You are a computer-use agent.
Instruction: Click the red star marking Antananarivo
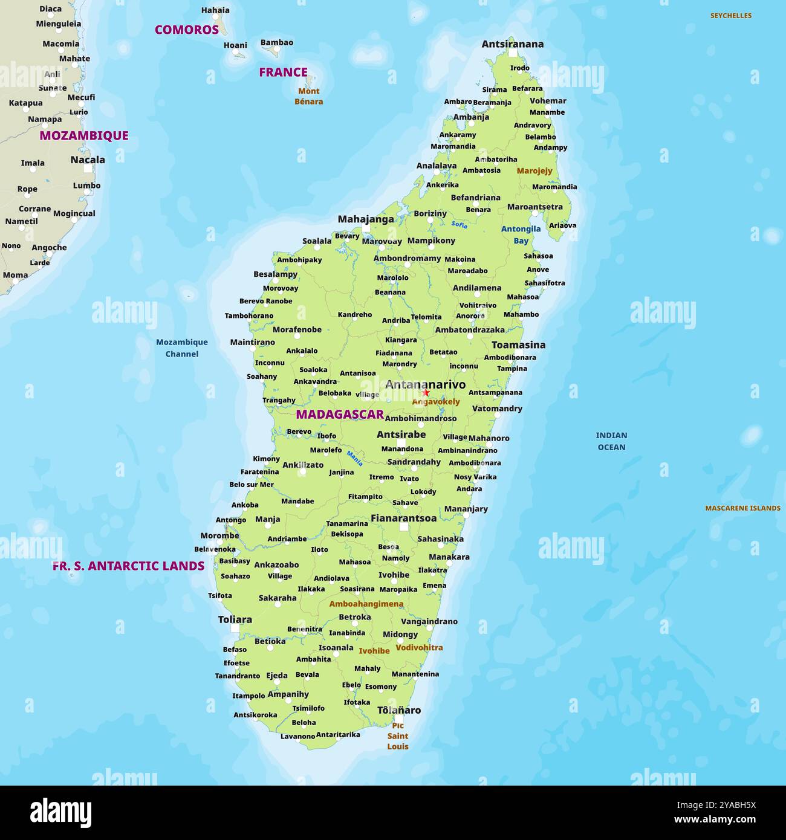(426, 393)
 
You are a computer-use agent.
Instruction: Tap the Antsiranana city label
(512, 44)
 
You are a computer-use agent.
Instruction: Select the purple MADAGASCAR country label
(340, 414)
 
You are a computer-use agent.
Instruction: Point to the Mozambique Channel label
(182, 348)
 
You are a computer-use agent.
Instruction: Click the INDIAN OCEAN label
(611, 441)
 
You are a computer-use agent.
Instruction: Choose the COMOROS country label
(187, 30)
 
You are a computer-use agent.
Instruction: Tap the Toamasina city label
(518, 345)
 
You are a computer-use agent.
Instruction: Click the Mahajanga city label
(366, 219)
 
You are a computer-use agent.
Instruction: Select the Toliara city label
(235, 619)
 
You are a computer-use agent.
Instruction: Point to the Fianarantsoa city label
(403, 518)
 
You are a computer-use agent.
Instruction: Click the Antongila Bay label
(521, 234)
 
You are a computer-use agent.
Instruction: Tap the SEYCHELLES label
(730, 16)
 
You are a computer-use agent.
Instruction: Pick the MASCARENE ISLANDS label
(742, 508)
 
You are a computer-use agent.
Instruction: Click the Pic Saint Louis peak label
(398, 736)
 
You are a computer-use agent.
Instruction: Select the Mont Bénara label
(308, 96)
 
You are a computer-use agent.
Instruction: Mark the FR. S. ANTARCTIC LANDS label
(128, 566)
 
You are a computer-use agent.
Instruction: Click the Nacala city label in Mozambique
(88, 160)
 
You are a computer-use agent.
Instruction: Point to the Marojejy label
(534, 171)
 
